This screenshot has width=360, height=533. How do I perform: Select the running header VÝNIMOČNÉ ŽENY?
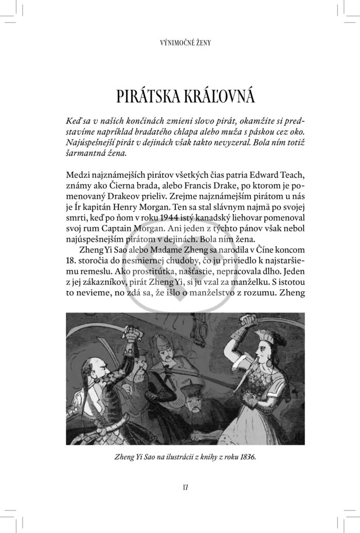(179, 43)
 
